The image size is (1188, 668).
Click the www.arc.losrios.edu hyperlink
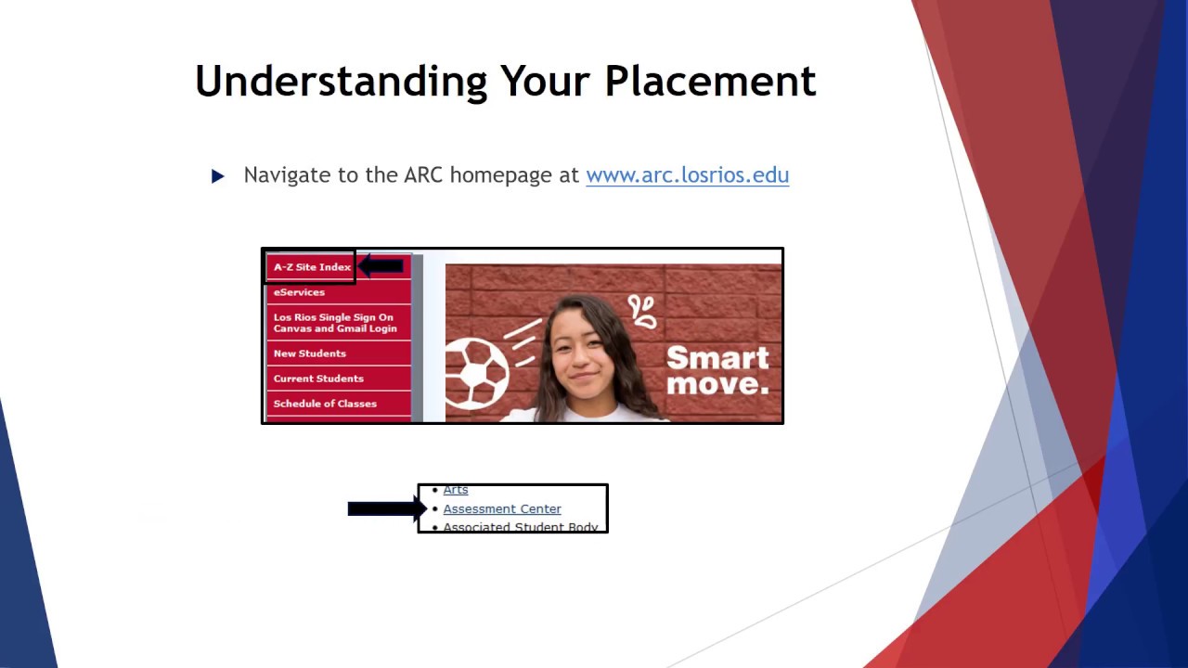click(687, 175)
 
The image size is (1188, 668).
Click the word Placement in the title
click(710, 82)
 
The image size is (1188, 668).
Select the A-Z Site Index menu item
click(312, 267)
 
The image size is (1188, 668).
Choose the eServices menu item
click(299, 292)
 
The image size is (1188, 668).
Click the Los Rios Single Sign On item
click(334, 323)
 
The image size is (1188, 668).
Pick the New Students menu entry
click(309, 353)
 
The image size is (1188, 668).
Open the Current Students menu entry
click(318, 379)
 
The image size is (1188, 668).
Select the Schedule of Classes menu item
click(325, 404)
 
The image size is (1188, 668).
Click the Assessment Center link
click(502, 509)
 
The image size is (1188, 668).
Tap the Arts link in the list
click(456, 490)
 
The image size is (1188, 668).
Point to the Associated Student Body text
click(520, 527)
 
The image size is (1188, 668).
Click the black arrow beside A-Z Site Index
click(381, 267)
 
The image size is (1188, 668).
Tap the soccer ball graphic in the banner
click(476, 373)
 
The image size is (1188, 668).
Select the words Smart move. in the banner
click(717, 370)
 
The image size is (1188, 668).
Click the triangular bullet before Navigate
click(218, 176)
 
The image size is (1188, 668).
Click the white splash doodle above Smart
click(642, 311)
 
